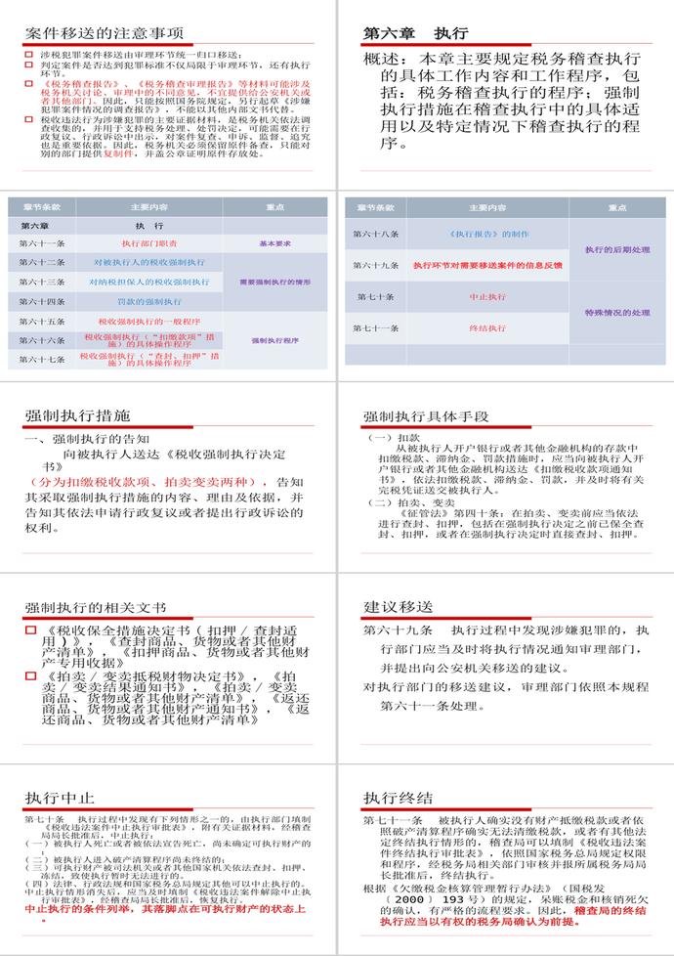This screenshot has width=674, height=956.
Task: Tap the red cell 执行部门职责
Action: pyautogui.click(x=149, y=243)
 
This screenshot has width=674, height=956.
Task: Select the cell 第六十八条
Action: pyautogui.click(x=376, y=235)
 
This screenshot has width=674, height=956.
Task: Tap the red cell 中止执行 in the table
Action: pyautogui.click(x=486, y=296)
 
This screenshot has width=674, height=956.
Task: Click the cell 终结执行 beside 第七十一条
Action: pyautogui.click(x=486, y=328)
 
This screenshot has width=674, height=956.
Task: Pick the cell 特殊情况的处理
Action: pyautogui.click(x=617, y=313)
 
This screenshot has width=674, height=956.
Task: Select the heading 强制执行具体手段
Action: pyautogui.click(x=426, y=416)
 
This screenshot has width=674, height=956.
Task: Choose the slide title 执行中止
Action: pyautogui.click(x=60, y=797)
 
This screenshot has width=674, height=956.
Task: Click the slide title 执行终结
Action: pyautogui.click(x=398, y=797)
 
